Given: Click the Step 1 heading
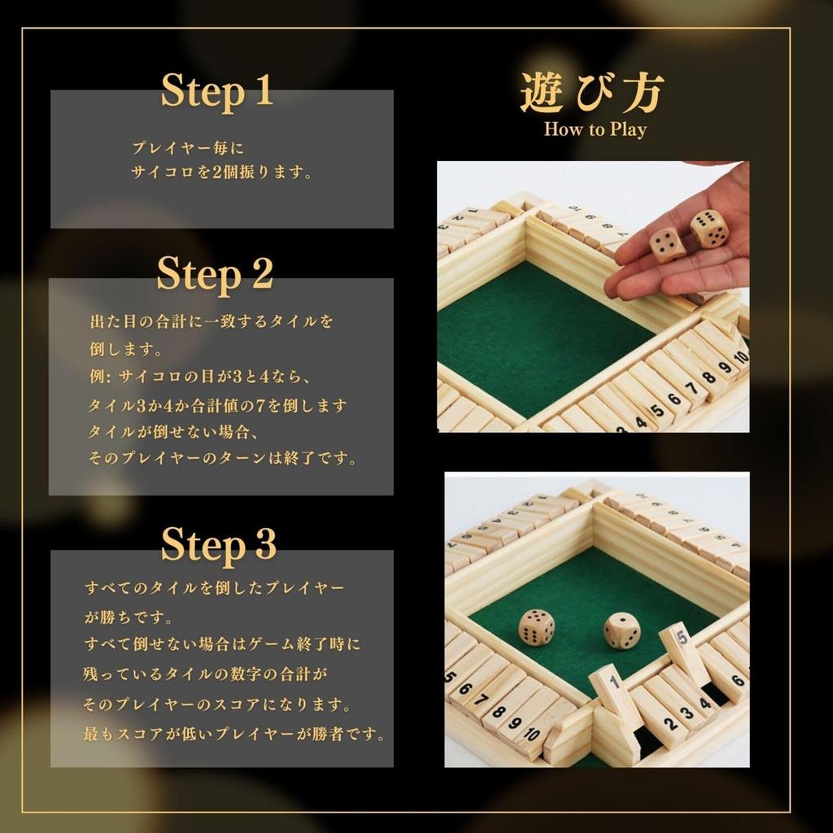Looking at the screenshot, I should [x=216, y=90].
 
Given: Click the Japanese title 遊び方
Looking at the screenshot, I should [x=593, y=93].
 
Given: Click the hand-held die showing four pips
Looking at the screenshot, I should [x=667, y=244].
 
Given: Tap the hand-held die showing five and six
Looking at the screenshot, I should [x=709, y=229].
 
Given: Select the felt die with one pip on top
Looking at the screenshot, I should [x=621, y=630].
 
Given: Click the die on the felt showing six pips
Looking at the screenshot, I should [x=537, y=627].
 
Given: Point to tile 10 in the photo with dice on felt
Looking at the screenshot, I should [x=530, y=734].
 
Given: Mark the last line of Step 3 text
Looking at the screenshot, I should [x=234, y=734].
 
